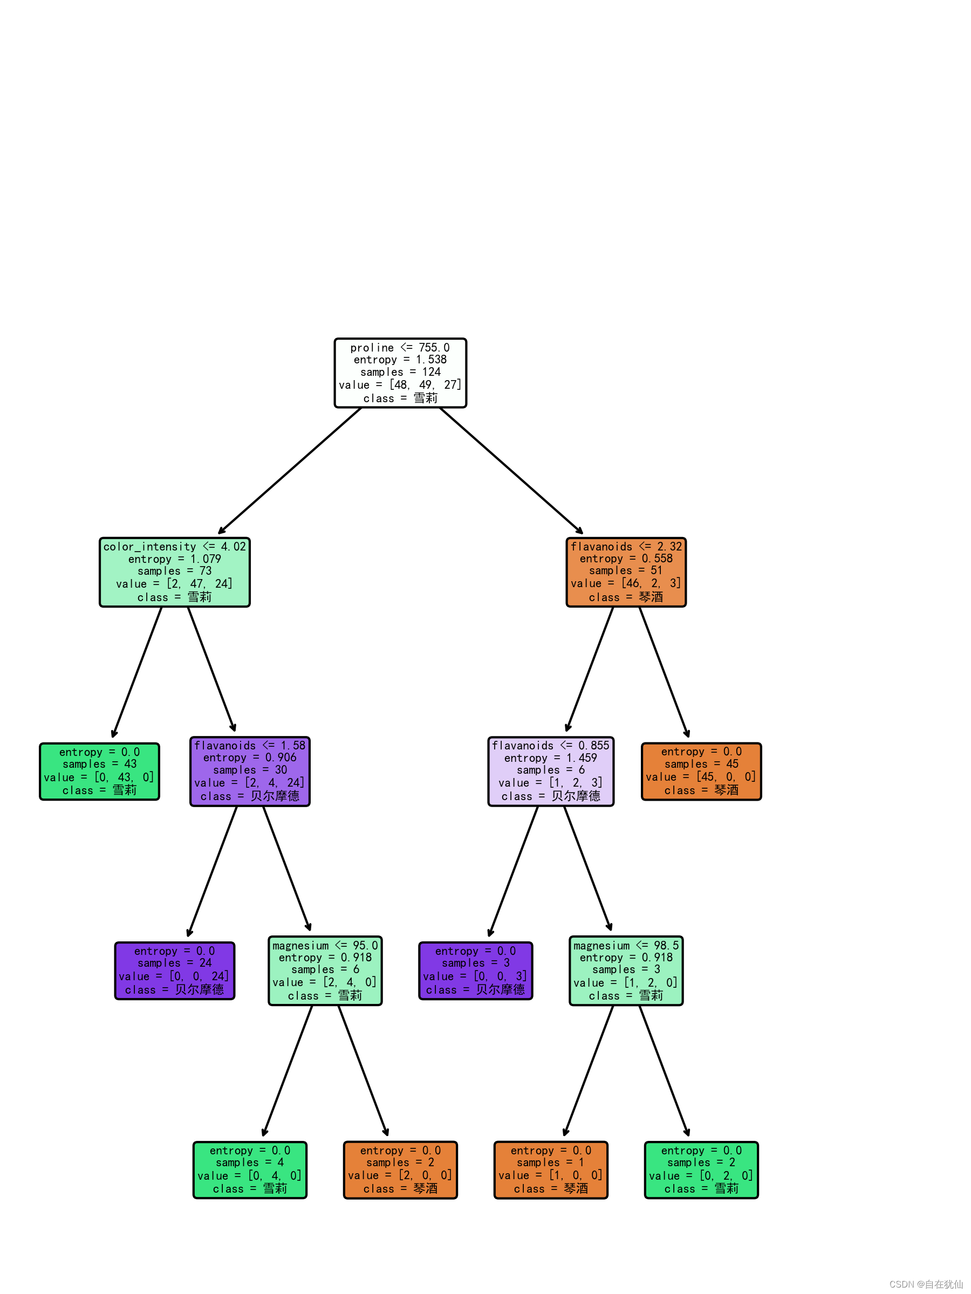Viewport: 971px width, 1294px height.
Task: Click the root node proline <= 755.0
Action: click(x=400, y=373)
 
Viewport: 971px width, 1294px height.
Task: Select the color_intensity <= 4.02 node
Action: click(x=174, y=572)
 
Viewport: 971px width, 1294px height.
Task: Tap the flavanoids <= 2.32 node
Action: click(x=626, y=572)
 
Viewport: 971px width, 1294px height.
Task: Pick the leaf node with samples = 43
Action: click(x=99, y=771)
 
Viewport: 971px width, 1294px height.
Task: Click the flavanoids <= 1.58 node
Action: click(x=250, y=771)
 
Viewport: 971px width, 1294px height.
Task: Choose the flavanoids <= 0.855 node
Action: click(x=551, y=771)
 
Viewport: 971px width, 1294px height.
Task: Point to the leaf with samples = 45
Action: click(x=701, y=771)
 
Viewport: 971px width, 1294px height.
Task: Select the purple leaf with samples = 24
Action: click(x=174, y=970)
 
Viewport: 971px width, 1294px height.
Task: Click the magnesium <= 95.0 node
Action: click(x=325, y=970)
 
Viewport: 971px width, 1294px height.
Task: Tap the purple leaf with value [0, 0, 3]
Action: click(x=475, y=970)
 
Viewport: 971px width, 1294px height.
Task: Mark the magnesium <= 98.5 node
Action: click(x=626, y=970)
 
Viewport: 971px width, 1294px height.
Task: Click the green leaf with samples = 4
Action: click(x=250, y=1170)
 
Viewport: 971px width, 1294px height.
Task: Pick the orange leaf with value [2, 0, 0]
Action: click(x=400, y=1170)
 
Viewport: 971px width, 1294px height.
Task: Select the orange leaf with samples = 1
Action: click(x=551, y=1170)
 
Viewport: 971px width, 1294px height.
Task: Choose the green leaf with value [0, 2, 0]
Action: click(x=701, y=1170)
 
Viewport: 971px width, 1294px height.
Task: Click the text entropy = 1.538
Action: click(x=400, y=360)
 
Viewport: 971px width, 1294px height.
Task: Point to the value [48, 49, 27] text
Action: click(x=400, y=385)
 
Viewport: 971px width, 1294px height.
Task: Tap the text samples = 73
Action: click(x=174, y=571)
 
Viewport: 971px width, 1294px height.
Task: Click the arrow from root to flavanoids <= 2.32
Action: click(x=511, y=470)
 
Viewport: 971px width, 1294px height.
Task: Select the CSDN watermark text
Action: click(x=925, y=1284)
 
